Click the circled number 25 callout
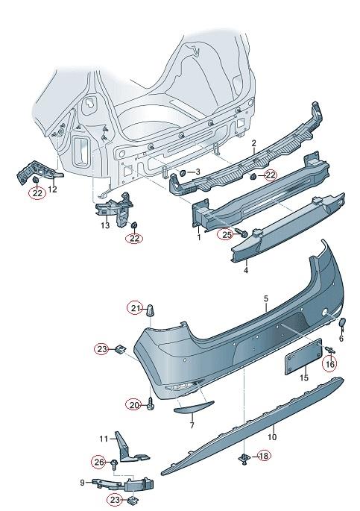point(227,233)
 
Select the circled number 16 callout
point(329,364)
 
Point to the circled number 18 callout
point(264,456)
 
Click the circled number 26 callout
point(99,462)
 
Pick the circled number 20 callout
point(134,405)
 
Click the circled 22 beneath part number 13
point(134,238)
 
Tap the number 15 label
point(304,377)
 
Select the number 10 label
point(272,436)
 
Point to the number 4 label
point(246,270)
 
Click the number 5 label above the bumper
point(266,298)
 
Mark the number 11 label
point(103,439)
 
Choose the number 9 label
point(82,483)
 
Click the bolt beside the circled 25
point(243,233)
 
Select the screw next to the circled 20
point(151,403)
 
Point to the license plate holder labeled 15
point(303,356)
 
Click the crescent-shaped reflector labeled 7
point(194,407)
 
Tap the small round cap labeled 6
point(343,322)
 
